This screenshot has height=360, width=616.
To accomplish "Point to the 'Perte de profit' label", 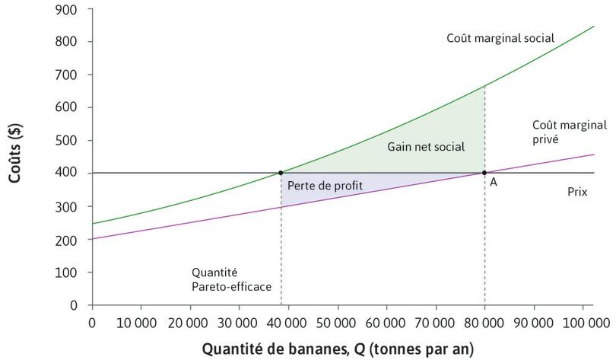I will click(x=325, y=186).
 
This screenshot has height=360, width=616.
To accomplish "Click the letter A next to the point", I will click(x=493, y=183).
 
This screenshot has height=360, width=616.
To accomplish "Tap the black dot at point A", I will click(x=484, y=173).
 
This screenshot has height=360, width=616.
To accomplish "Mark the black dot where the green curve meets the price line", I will click(x=281, y=173).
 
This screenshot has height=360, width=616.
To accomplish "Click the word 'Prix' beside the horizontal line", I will click(x=578, y=193).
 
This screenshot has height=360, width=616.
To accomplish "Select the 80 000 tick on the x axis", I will click(x=484, y=323).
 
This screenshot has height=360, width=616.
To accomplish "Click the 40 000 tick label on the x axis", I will click(x=288, y=323).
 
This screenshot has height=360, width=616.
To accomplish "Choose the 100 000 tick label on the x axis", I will click(x=583, y=323).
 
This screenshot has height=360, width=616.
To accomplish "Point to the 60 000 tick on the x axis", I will click(x=386, y=323).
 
